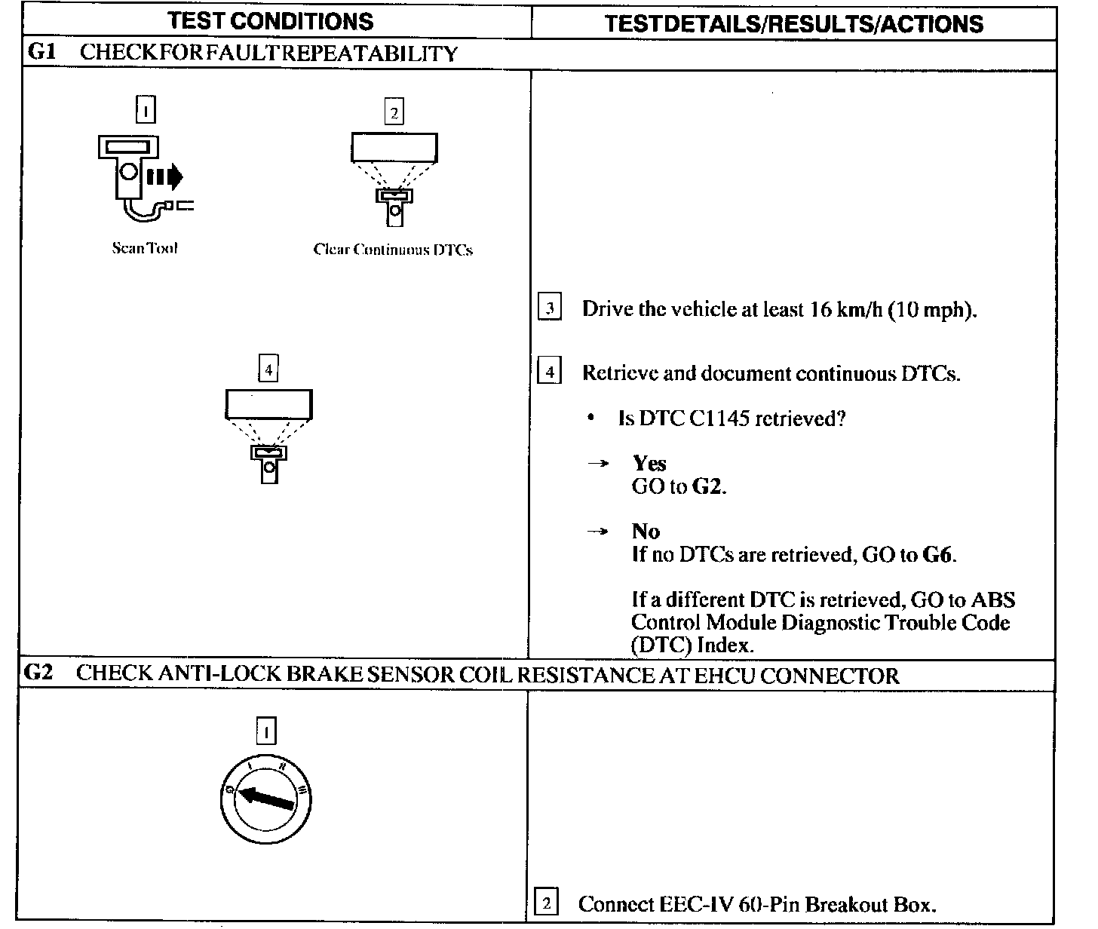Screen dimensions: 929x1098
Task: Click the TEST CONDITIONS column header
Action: click(271, 21)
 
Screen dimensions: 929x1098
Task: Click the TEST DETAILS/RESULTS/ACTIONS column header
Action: click(794, 23)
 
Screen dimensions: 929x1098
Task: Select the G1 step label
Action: click(40, 53)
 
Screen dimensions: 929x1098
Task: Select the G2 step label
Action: click(38, 673)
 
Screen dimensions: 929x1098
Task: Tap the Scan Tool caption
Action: click(145, 248)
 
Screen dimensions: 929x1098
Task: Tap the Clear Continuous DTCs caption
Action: click(393, 250)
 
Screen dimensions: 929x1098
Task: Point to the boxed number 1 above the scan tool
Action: click(145, 111)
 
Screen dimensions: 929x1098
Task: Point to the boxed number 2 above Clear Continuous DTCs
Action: click(394, 112)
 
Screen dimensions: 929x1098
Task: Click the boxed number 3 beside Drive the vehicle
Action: click(549, 308)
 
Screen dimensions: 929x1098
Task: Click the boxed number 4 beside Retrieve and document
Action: click(549, 373)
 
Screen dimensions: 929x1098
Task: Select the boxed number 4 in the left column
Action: click(268, 369)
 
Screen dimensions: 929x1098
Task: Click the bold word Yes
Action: click(649, 463)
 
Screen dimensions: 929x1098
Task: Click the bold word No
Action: click(646, 531)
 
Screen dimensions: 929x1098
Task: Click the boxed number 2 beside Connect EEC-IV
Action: click(547, 903)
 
